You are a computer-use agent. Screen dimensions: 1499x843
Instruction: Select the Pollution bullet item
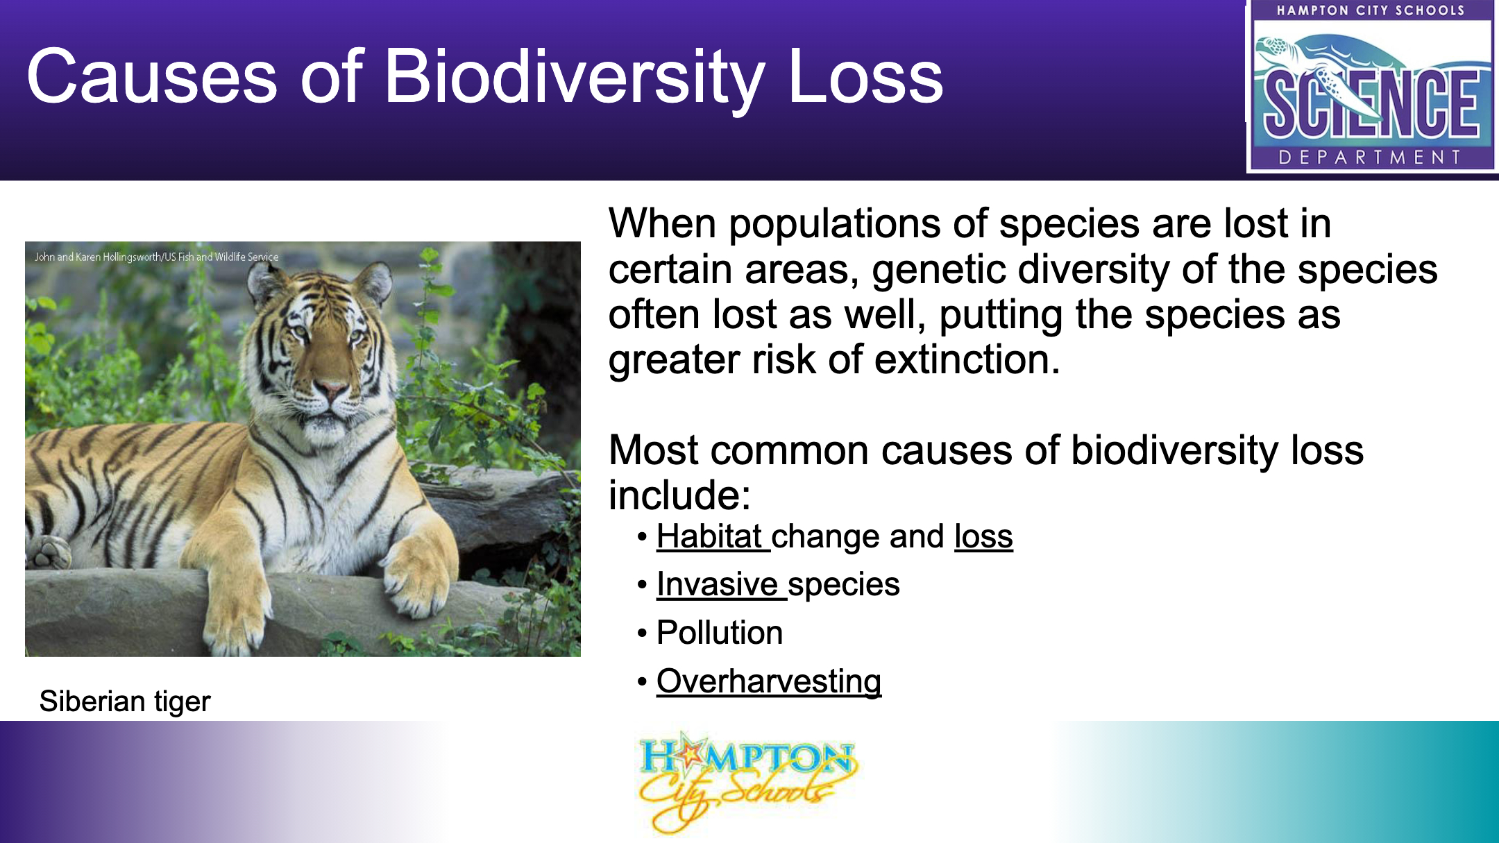tap(720, 632)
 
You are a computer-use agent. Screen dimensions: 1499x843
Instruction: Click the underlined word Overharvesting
tap(769, 681)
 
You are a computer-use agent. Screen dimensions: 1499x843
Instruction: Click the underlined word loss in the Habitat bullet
tap(983, 536)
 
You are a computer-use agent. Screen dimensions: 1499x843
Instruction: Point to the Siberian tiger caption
tap(125, 701)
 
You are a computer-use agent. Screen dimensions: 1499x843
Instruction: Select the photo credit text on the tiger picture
tap(157, 257)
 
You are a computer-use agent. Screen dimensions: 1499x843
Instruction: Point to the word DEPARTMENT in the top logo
tap(1371, 157)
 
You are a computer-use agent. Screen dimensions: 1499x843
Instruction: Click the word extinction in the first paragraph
tap(967, 359)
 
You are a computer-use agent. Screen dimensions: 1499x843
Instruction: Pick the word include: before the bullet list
tap(680, 495)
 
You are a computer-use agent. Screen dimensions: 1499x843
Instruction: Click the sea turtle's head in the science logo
tap(1274, 49)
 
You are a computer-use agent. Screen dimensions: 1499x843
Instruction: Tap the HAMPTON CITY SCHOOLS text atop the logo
tap(1371, 10)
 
